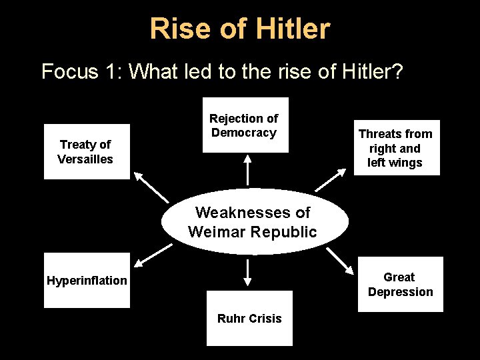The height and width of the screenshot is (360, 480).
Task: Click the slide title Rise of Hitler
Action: (239, 29)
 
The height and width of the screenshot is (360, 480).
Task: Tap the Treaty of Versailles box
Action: (87, 151)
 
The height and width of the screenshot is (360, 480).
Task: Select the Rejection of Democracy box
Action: (245, 125)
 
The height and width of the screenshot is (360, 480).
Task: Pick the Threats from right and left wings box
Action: (396, 147)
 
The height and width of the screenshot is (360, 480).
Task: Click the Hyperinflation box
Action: (87, 280)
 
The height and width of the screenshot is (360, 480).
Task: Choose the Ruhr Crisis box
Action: (249, 318)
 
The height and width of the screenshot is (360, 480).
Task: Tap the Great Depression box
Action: (400, 284)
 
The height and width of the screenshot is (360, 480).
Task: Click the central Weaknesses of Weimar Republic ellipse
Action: (254, 222)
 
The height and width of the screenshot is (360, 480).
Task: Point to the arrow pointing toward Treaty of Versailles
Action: (151, 186)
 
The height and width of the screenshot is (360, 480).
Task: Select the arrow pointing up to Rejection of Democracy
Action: (247, 169)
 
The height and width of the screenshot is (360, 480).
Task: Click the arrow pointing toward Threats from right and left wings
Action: (331, 179)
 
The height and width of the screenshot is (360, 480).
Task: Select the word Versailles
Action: (85, 159)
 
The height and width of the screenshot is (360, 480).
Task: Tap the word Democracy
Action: (244, 132)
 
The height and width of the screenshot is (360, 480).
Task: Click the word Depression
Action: (400, 291)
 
